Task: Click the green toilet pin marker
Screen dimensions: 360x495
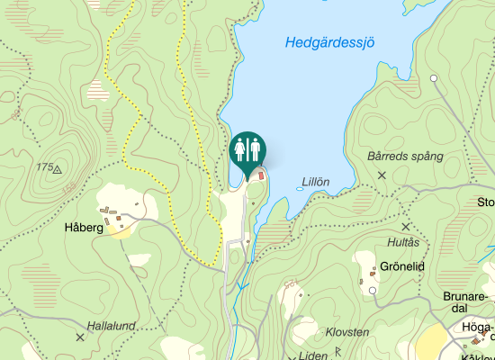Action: pos(247,150)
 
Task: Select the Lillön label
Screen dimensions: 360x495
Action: pos(316,181)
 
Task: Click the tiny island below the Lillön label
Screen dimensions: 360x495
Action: pos(301,190)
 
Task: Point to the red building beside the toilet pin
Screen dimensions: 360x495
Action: pos(263,175)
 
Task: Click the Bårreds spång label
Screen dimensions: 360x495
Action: pos(406,156)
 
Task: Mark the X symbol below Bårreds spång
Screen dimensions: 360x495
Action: pos(382,175)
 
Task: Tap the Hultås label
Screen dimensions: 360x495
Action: pos(402,243)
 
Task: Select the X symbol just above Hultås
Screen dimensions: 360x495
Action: pos(406,227)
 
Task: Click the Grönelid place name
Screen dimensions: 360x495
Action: pos(401,267)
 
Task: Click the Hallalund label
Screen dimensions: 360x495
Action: pos(112,325)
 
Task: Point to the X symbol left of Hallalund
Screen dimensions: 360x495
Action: pos(80,337)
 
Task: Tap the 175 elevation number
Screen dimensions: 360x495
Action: pos(44,167)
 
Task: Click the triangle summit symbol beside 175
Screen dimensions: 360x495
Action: pos(58,168)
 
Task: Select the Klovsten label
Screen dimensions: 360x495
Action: pos(346,332)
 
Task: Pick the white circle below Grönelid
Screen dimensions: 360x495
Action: pos(372,291)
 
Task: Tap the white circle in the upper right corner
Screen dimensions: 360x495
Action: pos(434,79)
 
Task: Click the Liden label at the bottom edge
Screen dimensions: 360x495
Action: pos(313,355)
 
